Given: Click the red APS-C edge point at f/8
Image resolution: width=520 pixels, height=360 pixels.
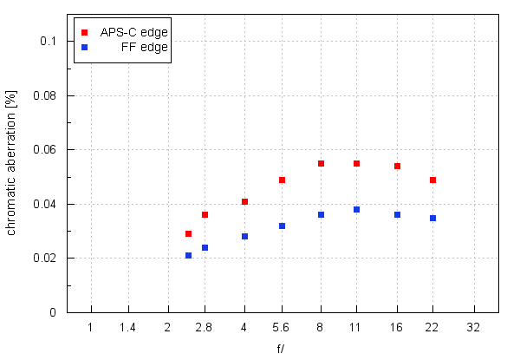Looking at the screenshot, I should coord(321,163).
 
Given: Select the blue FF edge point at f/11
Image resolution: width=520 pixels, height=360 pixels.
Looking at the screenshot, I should coord(356,209).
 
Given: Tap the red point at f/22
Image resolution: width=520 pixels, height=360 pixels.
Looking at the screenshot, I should coord(432,180).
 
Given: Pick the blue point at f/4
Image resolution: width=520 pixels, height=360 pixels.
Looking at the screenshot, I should coord(244,236).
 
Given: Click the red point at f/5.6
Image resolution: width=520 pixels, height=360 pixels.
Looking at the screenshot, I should coord(282,180).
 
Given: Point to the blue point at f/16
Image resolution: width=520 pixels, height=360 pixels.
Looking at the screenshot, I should coord(397,214).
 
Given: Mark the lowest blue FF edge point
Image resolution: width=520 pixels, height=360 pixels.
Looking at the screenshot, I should coord(188,255).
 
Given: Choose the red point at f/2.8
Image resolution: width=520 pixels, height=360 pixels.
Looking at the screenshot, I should coord(205,214).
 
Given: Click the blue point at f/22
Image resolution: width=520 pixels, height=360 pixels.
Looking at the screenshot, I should coord(432,218).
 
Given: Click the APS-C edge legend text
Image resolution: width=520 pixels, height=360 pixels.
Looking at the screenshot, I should coord(133,32).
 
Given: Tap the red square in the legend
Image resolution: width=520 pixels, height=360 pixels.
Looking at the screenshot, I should coord(84,32).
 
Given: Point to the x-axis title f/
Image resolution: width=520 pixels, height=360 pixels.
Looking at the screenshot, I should coord(282,348).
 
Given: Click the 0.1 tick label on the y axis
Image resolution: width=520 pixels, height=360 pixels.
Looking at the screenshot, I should coord(48,41).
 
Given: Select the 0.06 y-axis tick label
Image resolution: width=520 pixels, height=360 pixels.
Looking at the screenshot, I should coord(44,150).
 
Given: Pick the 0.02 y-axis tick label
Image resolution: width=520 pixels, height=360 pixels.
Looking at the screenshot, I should coord(44,259).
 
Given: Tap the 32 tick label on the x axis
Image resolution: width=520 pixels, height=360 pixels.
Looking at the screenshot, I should coord(473,328).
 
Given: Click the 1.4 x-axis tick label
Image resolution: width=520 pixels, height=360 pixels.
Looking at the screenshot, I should coord(127,328).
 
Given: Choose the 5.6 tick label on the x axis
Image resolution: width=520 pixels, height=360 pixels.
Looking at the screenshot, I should coord(282,328).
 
